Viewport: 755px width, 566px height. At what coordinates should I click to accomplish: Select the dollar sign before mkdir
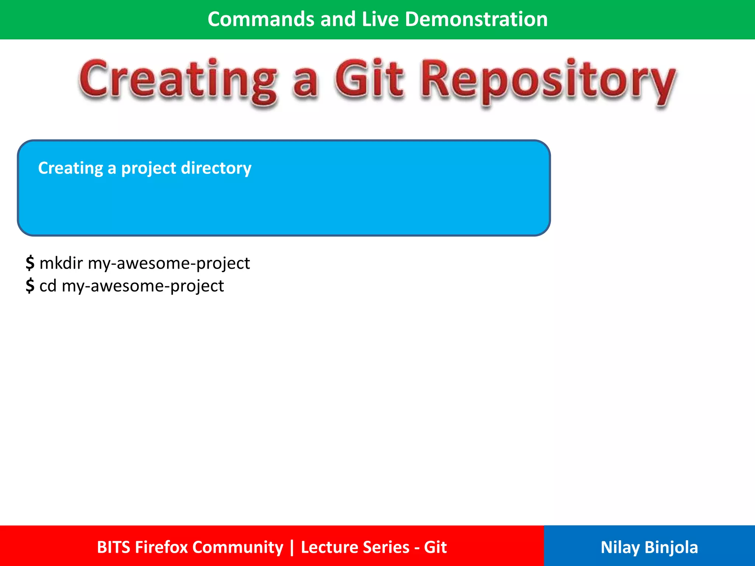30,263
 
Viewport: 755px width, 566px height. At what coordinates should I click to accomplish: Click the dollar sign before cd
30,286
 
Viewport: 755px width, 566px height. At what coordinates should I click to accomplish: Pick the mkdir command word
61,263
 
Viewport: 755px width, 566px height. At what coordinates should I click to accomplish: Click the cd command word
48,286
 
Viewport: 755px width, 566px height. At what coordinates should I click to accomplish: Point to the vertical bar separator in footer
292,547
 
